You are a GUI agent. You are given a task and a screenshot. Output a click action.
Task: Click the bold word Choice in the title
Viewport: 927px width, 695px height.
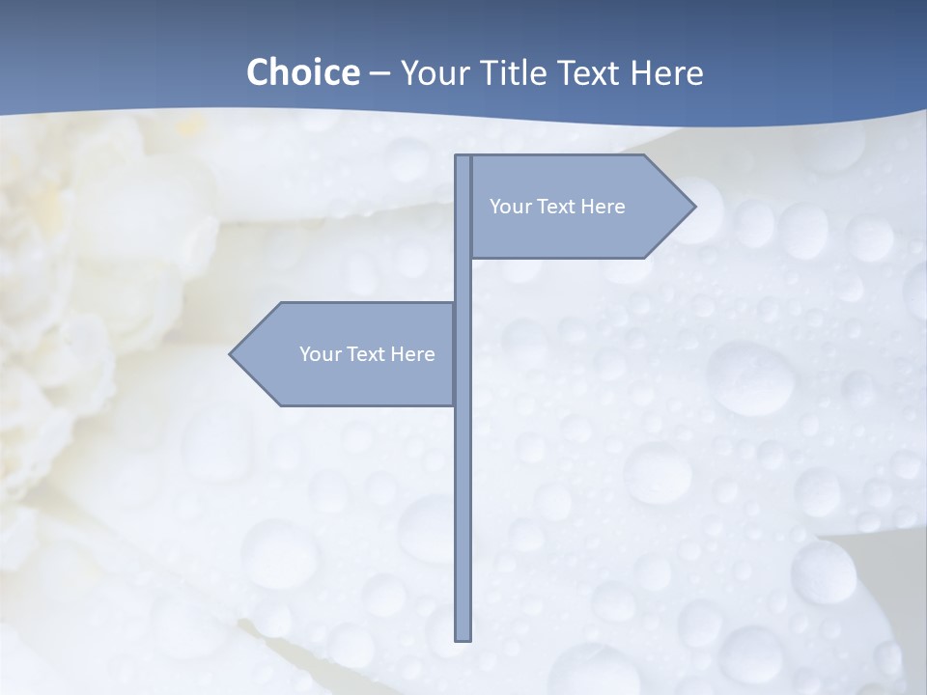302,73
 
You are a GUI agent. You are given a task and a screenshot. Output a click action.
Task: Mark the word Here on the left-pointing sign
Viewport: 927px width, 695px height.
412,354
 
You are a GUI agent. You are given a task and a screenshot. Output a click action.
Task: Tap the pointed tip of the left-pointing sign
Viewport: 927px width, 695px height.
232,354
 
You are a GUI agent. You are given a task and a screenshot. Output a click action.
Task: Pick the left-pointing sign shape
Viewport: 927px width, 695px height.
348,381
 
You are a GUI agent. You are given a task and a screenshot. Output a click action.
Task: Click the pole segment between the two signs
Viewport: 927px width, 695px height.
463,280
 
